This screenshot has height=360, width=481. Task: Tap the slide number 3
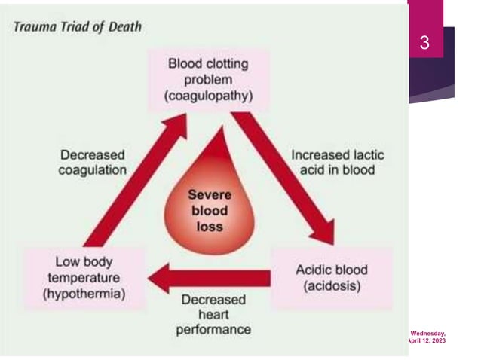(424, 44)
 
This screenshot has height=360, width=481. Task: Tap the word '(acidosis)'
(331, 287)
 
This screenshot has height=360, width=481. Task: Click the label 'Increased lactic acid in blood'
(337, 162)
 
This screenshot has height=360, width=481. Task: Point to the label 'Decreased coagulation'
(93, 161)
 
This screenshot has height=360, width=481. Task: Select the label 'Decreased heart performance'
(213, 314)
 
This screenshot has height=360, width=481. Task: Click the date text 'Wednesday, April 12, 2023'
(427, 337)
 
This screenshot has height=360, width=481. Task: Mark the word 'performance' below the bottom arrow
(213, 330)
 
